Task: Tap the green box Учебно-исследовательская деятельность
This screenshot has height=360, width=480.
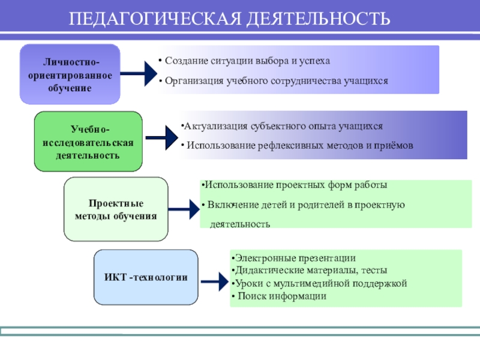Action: (x=88, y=142)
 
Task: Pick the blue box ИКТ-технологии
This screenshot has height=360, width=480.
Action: (x=146, y=277)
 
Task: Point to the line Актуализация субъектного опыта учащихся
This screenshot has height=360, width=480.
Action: (x=282, y=127)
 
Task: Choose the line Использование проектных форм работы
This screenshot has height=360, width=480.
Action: (x=294, y=185)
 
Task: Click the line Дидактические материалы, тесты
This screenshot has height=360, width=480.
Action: (x=309, y=271)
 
